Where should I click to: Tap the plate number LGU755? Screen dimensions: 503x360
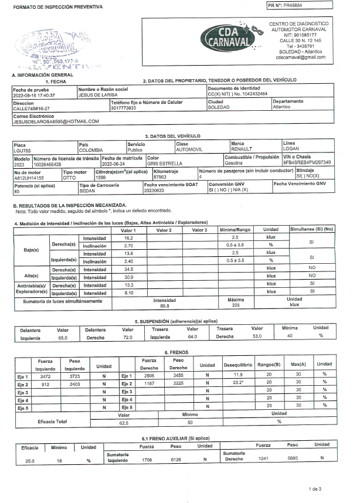[x=21, y=149]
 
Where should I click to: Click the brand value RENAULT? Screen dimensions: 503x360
[x=242, y=149]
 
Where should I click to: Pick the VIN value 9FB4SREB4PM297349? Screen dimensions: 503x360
[x=307, y=162]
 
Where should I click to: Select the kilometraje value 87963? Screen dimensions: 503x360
[x=160, y=176]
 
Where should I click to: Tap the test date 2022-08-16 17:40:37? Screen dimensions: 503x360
[x=34, y=94]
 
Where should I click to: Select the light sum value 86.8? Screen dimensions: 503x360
[x=164, y=305]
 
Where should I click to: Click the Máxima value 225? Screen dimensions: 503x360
[x=235, y=305]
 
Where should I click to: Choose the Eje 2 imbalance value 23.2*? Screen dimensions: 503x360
[x=237, y=383]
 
